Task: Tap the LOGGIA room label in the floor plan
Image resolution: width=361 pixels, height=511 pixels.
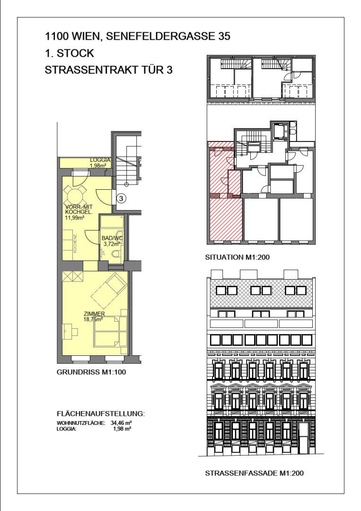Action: (100, 160)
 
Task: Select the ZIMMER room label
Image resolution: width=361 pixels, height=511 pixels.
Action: (94, 314)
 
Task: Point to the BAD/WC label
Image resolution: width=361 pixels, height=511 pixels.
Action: (112, 238)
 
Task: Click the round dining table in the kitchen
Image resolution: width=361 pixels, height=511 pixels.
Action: (75, 195)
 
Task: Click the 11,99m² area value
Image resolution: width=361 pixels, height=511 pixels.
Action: (75, 218)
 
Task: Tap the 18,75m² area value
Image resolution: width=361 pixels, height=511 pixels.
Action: (93, 319)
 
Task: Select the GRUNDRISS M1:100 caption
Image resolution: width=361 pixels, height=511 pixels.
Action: (91, 372)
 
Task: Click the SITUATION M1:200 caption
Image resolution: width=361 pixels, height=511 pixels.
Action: (237, 257)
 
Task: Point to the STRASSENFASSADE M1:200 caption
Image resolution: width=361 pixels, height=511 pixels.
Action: (254, 473)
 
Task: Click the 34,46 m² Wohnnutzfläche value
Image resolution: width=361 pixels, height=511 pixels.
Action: (121, 423)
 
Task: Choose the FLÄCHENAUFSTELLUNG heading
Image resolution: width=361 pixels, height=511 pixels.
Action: (101, 414)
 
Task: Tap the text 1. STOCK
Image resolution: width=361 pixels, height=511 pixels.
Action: (70, 53)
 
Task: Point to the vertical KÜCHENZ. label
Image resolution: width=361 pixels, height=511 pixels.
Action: (75, 244)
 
